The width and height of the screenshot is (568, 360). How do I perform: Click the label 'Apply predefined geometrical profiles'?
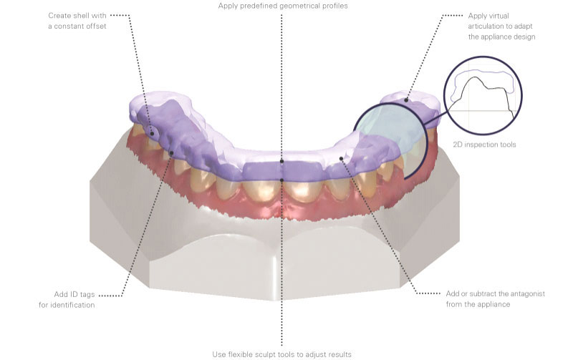[282, 6]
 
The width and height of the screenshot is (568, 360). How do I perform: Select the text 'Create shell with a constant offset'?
[77, 21]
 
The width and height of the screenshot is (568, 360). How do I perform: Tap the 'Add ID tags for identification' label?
[67, 300]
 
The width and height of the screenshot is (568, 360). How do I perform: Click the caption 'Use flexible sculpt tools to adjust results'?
[281, 354]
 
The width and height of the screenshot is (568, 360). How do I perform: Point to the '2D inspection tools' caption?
[484, 145]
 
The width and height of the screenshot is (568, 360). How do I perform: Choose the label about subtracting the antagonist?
[495, 299]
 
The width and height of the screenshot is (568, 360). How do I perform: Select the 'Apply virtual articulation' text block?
[501, 26]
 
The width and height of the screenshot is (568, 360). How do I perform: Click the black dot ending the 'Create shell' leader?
[152, 134]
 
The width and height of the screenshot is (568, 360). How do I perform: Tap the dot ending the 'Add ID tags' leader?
[171, 153]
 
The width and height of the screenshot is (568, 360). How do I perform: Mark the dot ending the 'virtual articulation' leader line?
[406, 100]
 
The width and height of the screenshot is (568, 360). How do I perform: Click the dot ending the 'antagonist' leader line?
[341, 158]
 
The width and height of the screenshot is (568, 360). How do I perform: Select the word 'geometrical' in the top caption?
[300, 6]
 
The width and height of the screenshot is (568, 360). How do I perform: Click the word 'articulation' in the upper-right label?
[488, 26]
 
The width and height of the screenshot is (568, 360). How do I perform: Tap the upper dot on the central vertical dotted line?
[281, 161]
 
